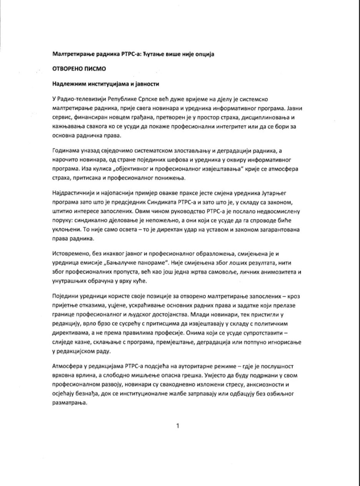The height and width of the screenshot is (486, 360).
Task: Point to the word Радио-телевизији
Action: tap(81, 100)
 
